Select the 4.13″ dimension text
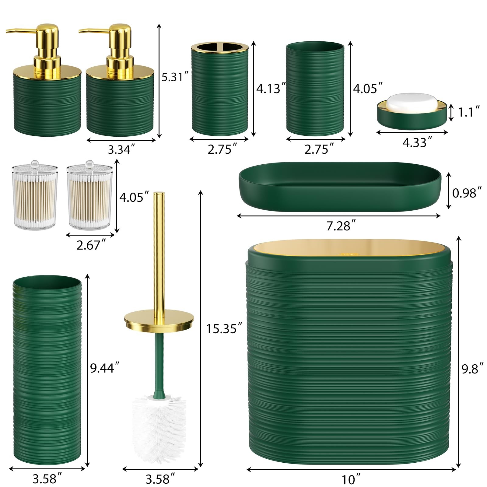(x=271, y=88)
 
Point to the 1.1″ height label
(x=469, y=112)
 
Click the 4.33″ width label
(x=417, y=142)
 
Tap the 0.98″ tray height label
(x=467, y=193)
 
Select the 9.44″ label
(x=104, y=368)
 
